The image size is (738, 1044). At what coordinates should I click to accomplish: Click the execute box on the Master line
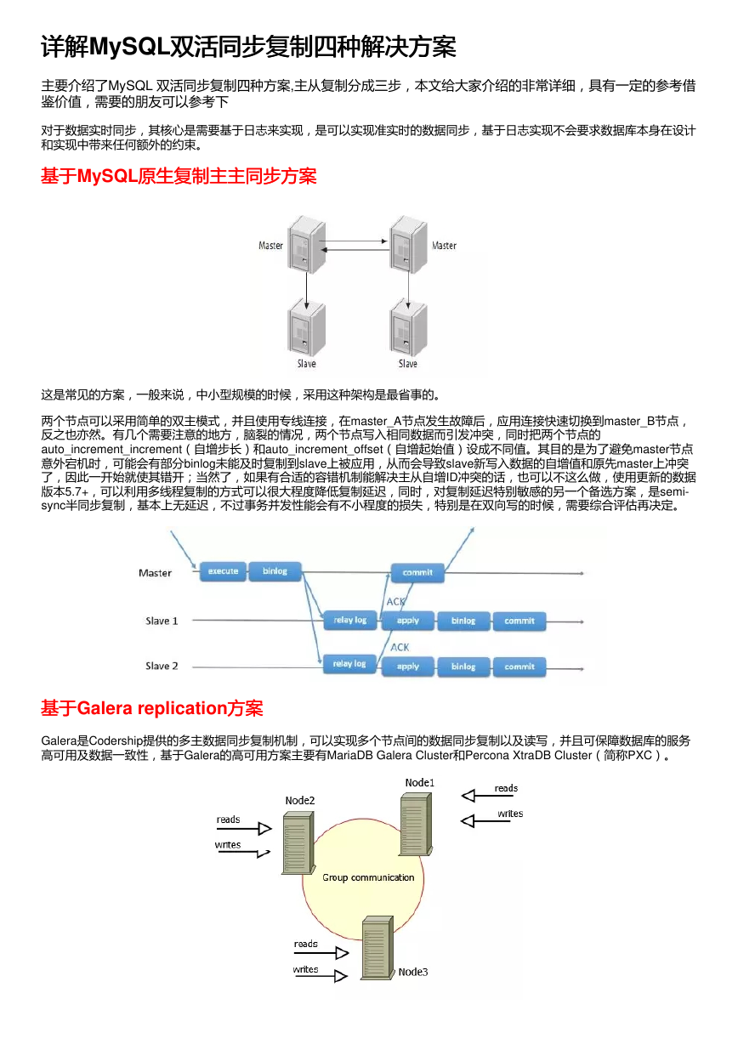point(223,571)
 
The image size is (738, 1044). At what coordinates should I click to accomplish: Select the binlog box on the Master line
point(275,571)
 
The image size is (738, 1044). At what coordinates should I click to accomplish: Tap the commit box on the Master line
point(417,573)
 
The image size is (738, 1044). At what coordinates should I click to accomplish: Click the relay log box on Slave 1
point(350,621)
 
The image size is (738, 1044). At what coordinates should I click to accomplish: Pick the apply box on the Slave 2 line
point(408,667)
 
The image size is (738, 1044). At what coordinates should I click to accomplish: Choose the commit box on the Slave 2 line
point(519,667)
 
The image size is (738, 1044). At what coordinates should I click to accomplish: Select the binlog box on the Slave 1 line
point(463,621)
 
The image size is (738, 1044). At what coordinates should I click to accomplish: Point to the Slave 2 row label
point(162,666)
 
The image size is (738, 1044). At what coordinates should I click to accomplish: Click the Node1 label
point(419,782)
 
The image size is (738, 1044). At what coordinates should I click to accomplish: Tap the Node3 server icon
point(378,948)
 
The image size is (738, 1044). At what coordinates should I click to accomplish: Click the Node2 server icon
point(298,843)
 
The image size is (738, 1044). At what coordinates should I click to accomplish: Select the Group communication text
point(368,877)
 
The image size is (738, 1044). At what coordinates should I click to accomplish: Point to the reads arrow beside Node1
point(487,796)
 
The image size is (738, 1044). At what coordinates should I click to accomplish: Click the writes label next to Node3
point(305,969)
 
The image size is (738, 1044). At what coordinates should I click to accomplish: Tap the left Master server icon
point(306,245)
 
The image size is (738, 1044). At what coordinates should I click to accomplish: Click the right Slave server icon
point(408,327)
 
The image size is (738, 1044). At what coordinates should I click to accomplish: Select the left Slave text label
point(306,364)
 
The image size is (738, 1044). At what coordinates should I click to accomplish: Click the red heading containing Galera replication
point(152,708)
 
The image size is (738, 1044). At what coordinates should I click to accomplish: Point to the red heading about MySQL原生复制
point(179,176)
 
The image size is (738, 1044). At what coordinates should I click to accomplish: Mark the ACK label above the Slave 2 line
point(400,647)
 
